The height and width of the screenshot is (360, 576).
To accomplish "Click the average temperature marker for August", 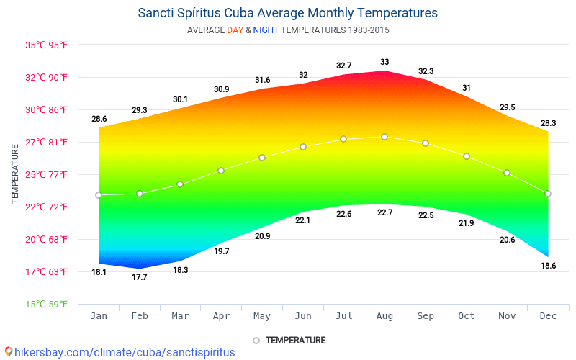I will [384, 137].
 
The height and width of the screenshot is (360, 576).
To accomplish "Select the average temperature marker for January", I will [99, 195].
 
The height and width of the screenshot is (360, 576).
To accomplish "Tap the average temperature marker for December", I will [548, 194].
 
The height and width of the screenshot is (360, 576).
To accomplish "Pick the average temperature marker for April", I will [221, 171].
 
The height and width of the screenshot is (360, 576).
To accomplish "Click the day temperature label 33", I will [384, 62].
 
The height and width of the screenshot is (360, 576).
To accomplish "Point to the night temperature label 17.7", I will [140, 277].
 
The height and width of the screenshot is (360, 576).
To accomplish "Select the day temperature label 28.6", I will [99, 119].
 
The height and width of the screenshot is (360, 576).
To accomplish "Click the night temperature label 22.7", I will [384, 212].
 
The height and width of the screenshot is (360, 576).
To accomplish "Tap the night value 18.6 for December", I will [548, 266].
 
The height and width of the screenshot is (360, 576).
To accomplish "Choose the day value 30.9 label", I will [221, 89].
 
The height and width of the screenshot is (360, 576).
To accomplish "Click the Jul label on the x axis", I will [343, 316].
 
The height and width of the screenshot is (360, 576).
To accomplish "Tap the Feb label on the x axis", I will [140, 316].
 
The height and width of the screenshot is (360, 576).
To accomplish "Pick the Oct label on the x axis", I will [466, 316].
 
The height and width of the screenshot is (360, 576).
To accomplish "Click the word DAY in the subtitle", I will [235, 30].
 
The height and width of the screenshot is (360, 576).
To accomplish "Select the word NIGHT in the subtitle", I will [266, 30].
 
